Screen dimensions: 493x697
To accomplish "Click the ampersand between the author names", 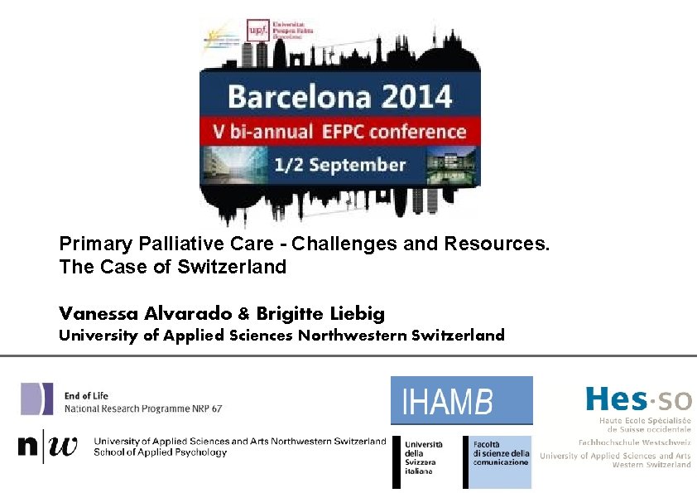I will [x=243, y=314].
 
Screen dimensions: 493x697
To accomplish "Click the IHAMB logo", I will [x=461, y=401].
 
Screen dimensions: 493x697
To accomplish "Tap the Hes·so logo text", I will [x=638, y=399].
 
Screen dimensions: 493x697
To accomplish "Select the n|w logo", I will [x=47, y=447].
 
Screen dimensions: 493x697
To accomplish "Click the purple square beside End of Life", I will [x=37, y=399].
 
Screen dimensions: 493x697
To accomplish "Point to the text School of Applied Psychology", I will [x=160, y=452].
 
